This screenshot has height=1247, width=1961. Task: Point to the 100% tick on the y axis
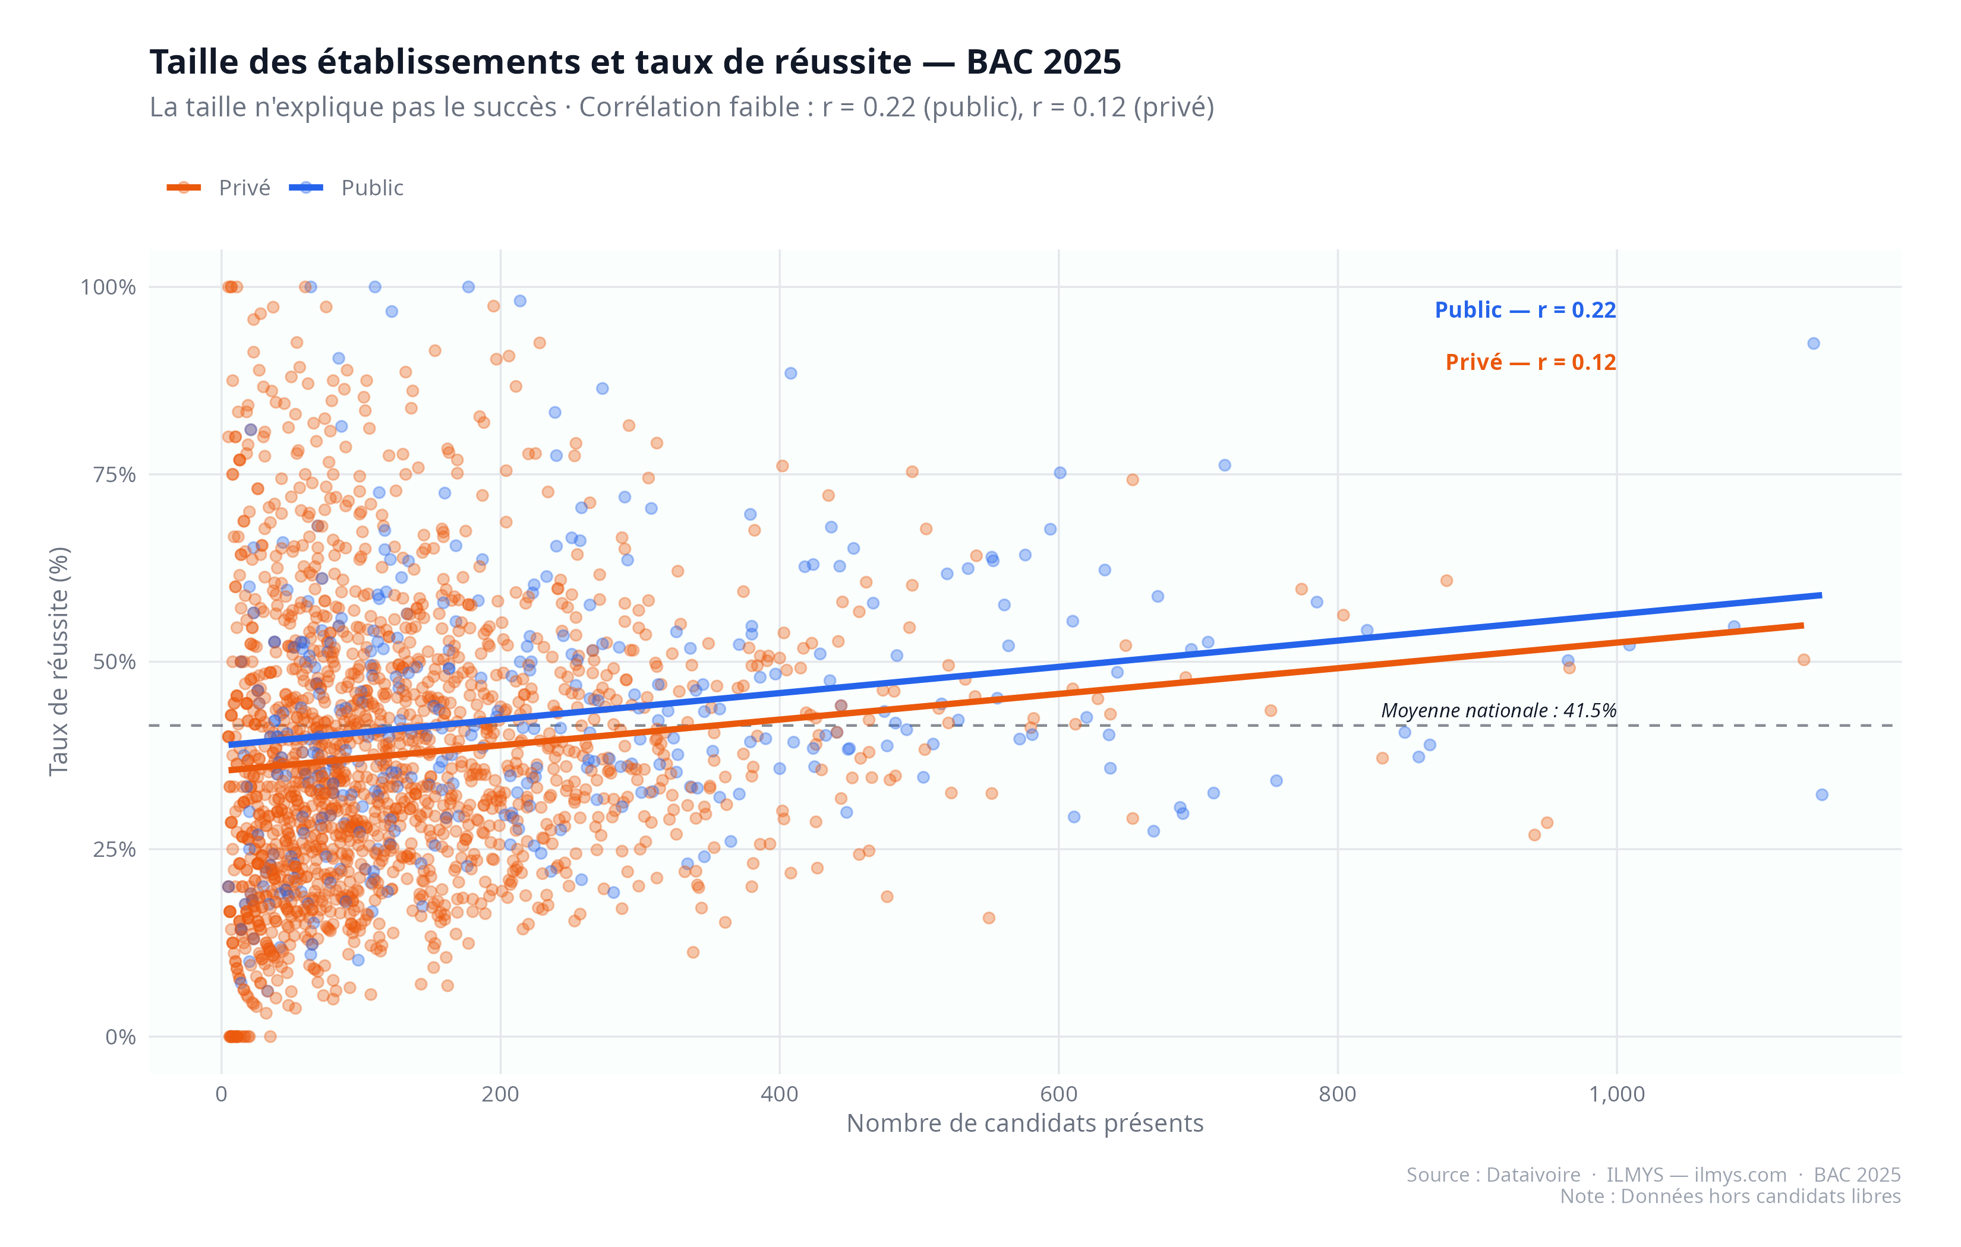108,287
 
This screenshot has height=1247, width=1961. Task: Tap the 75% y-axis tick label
114,474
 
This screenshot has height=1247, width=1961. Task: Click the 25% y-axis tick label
114,850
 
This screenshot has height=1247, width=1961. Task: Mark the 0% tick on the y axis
121,1037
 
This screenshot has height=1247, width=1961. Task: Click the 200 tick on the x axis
500,1094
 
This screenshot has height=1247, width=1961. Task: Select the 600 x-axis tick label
1058,1094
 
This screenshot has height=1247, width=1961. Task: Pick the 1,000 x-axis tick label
1616,1094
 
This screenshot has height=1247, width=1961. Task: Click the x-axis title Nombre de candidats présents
1024,1123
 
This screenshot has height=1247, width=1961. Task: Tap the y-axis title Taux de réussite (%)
59,661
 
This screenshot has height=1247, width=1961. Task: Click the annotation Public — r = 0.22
1524,310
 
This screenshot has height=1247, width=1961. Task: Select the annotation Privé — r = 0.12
1530,362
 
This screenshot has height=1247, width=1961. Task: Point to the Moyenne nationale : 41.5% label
1499,711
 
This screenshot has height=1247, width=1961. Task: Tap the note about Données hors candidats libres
1730,1196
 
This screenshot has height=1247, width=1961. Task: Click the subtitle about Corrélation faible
682,107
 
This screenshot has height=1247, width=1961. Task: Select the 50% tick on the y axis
114,662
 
